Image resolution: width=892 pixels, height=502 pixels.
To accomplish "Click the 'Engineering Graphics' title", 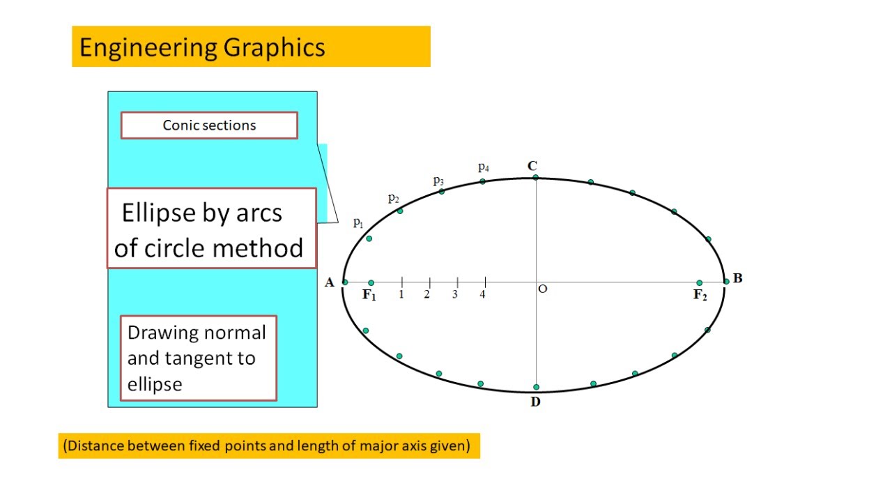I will click(x=202, y=47).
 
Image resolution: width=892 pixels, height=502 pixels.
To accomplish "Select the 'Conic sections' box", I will click(x=209, y=125).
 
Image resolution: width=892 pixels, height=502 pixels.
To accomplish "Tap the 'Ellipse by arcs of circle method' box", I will click(x=210, y=229).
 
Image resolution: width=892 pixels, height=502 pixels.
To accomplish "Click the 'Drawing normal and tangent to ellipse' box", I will click(x=199, y=358).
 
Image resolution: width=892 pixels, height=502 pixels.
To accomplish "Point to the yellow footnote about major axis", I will click(x=268, y=446).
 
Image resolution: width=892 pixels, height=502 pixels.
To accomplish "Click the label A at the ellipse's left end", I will click(x=330, y=282).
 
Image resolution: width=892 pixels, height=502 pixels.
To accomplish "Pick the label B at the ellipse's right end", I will click(x=737, y=279).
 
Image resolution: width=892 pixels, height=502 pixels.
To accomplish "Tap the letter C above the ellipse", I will click(x=532, y=166).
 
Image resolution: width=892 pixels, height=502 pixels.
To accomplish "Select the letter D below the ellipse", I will click(x=535, y=402).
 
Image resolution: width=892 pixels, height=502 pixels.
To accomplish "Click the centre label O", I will click(x=543, y=289).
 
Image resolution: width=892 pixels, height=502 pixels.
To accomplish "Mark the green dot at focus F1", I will click(x=371, y=283).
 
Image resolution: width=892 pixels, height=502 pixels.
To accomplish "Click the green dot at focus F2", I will click(x=699, y=283).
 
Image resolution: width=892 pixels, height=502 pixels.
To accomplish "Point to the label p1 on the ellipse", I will click(x=358, y=223).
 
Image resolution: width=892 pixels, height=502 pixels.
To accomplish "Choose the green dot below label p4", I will click(x=482, y=181).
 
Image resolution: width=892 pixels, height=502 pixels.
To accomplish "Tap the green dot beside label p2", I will click(x=400, y=211).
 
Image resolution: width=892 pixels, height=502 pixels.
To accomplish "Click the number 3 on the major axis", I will click(x=454, y=295).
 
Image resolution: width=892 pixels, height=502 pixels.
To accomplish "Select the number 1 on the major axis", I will click(x=401, y=295).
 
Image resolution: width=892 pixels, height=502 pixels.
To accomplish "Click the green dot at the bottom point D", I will click(x=536, y=387).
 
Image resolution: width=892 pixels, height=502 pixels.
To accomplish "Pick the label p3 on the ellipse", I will click(x=438, y=181).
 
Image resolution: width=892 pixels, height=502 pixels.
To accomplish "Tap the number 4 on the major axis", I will click(x=482, y=295).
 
